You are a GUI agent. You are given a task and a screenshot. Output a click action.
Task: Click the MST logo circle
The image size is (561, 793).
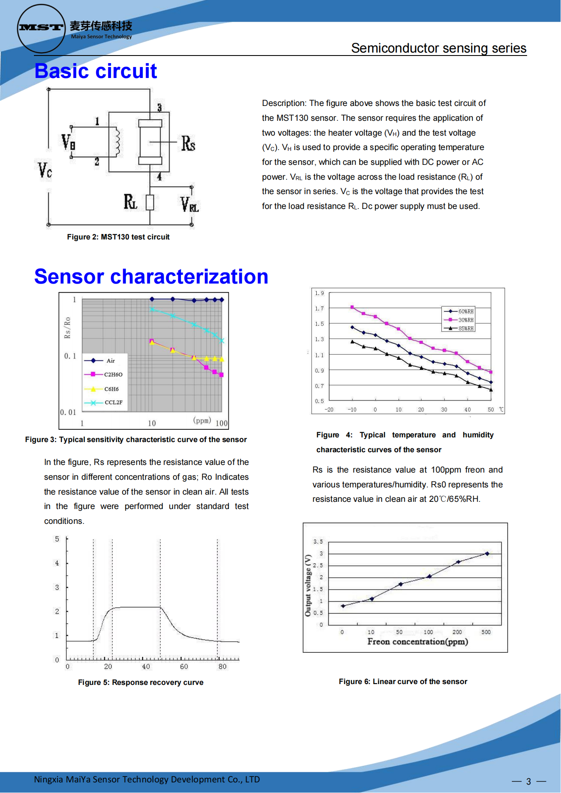[41, 28]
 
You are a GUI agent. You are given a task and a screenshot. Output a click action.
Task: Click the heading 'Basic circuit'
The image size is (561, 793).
[95, 71]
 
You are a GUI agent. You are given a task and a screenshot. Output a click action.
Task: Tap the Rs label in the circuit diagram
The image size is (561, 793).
[188, 143]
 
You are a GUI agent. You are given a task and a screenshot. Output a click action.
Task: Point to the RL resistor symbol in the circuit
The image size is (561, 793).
[150, 203]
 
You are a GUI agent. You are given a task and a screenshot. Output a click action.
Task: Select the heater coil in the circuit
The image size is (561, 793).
[116, 142]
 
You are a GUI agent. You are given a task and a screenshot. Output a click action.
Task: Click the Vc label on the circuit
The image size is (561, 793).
[45, 170]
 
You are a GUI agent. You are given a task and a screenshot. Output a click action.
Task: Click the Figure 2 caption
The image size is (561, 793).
[118, 237]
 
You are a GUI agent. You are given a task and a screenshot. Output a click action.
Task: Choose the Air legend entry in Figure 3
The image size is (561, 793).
[110, 361]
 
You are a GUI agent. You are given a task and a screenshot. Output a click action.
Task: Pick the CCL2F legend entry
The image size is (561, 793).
[113, 402]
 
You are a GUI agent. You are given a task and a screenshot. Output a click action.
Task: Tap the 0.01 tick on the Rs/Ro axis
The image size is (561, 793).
[68, 412]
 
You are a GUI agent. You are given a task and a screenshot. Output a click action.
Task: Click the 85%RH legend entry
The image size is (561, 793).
[466, 328]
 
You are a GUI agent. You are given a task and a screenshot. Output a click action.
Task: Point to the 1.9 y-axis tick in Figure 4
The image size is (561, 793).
[319, 293]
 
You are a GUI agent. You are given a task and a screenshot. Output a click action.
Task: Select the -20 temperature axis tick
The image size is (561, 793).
[329, 409]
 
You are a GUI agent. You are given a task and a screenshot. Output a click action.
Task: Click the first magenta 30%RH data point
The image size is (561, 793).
[352, 307]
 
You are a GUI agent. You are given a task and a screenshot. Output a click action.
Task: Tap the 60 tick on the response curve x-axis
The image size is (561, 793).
[184, 667]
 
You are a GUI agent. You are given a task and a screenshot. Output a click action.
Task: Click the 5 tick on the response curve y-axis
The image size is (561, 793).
[57, 539]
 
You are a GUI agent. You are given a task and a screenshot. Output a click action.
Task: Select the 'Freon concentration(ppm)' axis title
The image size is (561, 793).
[417, 642]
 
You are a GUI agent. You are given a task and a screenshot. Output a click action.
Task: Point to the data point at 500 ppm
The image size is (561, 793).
[487, 554]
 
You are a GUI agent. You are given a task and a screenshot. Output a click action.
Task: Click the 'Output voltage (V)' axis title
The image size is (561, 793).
[308, 585]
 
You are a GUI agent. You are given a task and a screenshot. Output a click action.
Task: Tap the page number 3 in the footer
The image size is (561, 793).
[528, 781]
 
